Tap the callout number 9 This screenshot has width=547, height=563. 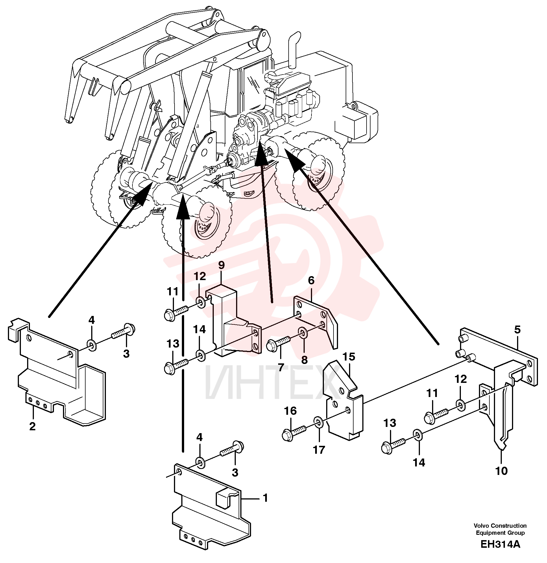coord(221,265)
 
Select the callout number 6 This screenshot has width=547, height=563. coord(311,280)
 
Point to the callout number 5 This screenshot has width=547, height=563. coord(517,329)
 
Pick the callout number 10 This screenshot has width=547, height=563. coord(502,471)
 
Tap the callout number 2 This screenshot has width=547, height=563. coord(32,426)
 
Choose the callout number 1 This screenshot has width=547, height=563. coord(265,498)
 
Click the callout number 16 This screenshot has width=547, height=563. coord(290,411)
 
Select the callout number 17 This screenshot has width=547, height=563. coord(319,450)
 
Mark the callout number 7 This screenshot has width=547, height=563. coord(281,367)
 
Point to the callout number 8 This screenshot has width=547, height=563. coord(304,360)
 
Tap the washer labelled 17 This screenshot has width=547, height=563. coord(318,422)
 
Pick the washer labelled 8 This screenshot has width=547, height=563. coord(303,333)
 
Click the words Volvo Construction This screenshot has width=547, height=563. coord(500,526)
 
